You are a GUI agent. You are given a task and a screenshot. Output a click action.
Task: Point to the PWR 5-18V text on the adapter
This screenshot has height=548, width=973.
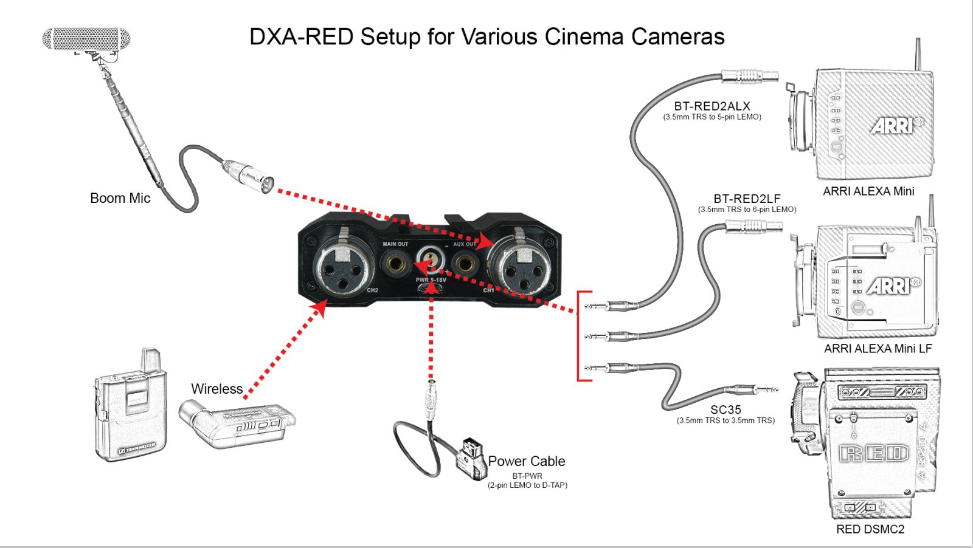tap(431, 280)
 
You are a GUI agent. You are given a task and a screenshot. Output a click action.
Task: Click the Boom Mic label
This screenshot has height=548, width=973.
tap(120, 198)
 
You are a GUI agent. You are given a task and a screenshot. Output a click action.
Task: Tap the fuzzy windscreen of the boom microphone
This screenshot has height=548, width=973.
tap(86, 39)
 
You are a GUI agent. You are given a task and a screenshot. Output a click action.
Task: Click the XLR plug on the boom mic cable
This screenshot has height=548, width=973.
tap(248, 176)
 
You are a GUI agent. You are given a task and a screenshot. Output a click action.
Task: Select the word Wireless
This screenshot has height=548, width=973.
tap(216, 389)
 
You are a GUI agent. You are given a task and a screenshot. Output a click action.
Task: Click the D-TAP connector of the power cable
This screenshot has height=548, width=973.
tap(471, 460)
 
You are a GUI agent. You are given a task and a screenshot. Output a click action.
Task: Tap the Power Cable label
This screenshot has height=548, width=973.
tap(527, 461)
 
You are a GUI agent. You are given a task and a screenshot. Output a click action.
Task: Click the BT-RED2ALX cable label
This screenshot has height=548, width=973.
tap(712, 106)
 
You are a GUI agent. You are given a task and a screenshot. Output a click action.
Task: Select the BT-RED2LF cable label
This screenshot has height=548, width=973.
tap(747, 199)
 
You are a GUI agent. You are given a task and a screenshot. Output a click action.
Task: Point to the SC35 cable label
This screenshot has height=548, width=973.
tap(726, 409)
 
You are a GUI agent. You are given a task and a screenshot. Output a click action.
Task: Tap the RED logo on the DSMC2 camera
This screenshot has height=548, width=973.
tap(874, 454)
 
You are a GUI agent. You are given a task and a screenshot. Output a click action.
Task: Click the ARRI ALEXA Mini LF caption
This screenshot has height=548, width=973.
tap(878, 348)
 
